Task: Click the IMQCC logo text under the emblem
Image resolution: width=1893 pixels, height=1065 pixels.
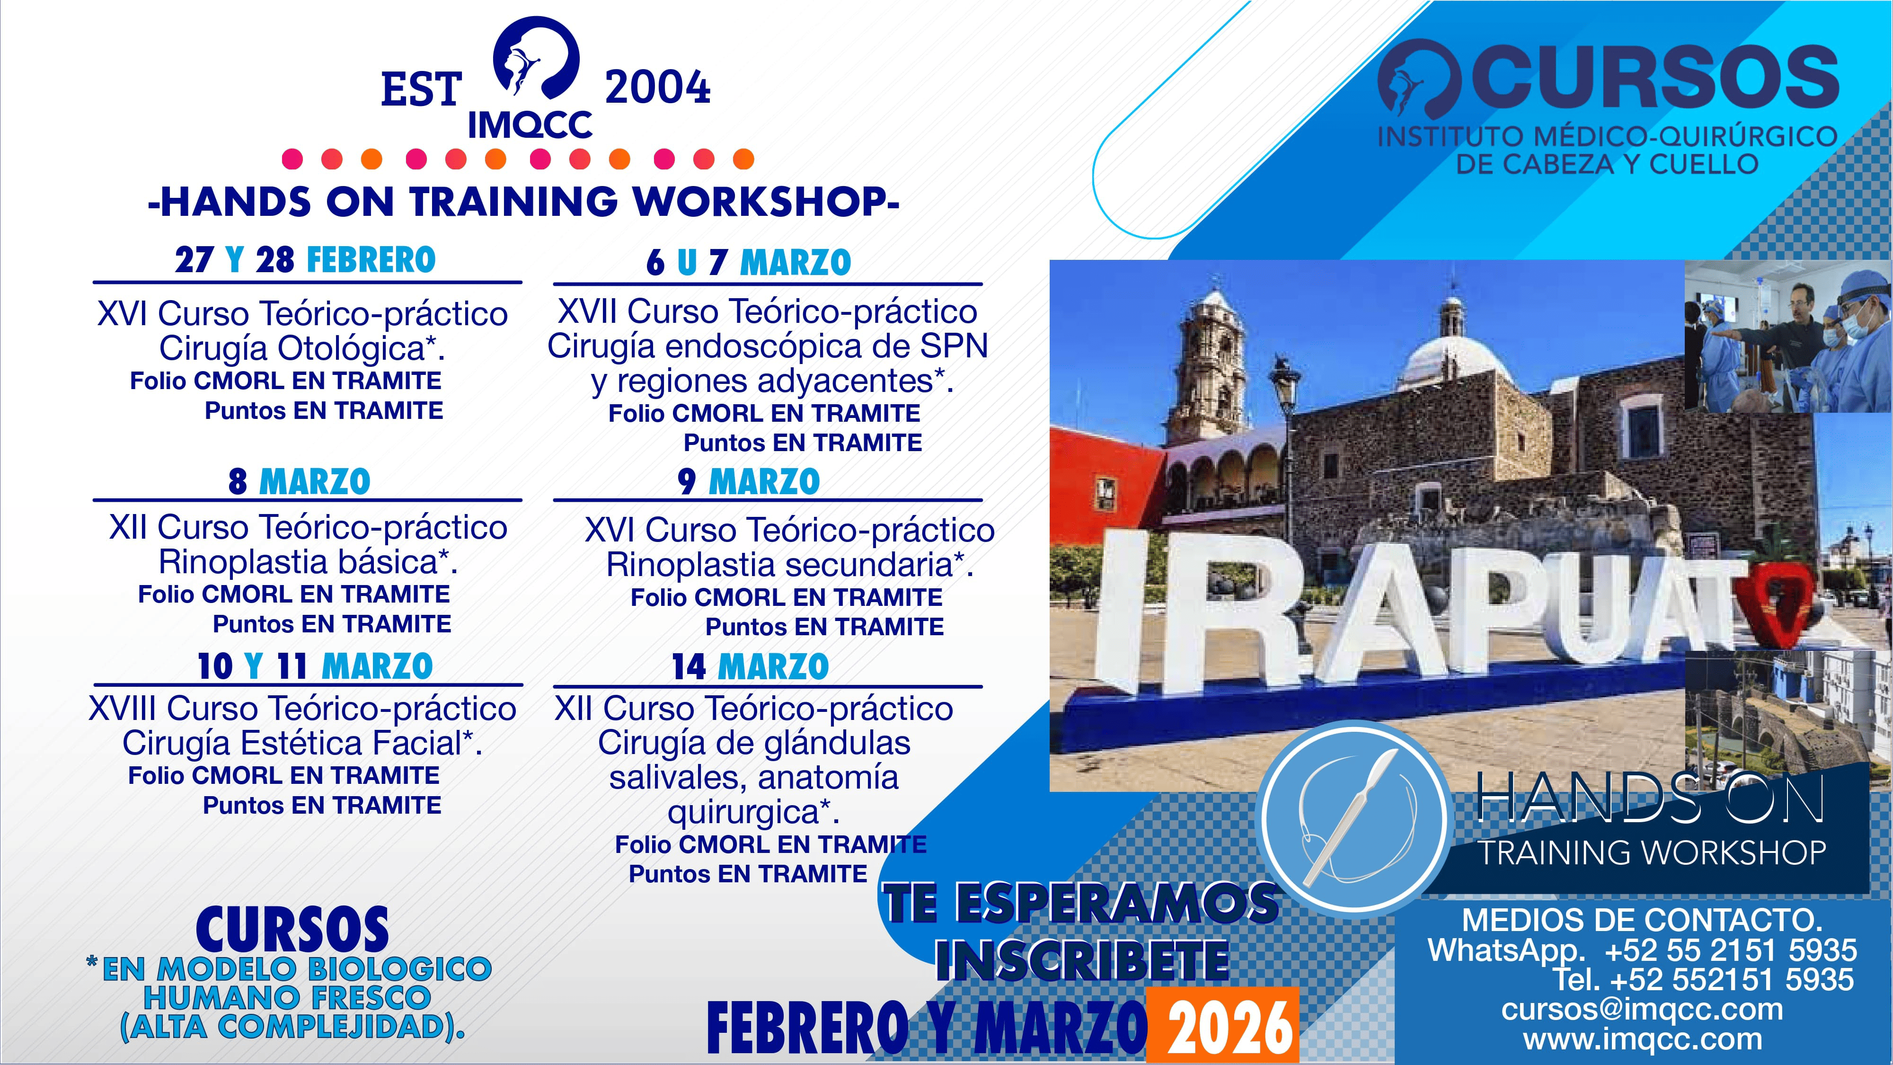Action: [x=530, y=125]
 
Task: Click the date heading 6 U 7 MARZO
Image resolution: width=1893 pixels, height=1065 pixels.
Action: [x=749, y=262]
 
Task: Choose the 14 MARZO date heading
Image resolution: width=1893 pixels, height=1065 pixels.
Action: [x=750, y=666]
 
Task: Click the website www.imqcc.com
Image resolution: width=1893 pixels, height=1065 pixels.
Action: [x=1642, y=1039]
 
